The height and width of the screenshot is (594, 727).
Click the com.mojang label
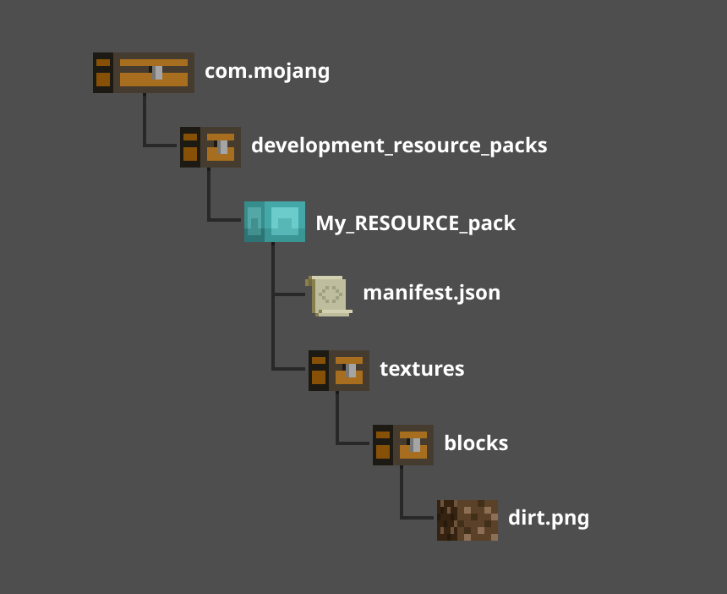267,71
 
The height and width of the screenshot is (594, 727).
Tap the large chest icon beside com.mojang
144,73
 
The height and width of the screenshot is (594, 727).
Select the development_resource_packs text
399,146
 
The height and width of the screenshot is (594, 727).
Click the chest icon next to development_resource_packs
210,147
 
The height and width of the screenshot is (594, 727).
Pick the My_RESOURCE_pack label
415,223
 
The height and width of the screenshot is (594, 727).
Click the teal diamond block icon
275,222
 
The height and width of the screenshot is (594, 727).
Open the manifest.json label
431,293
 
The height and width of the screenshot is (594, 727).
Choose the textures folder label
422,369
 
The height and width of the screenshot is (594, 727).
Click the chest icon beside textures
339,371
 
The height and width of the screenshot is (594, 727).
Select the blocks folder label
476,443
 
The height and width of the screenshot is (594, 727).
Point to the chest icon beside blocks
403,445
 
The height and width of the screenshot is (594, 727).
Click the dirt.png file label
549,518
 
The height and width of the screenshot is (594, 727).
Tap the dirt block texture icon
467,520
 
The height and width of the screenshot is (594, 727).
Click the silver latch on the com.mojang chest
158,72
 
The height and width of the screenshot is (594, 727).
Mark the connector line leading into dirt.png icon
419,518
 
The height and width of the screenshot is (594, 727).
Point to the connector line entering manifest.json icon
289,294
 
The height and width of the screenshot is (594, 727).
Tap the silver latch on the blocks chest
416,444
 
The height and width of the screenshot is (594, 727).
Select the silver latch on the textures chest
352,370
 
